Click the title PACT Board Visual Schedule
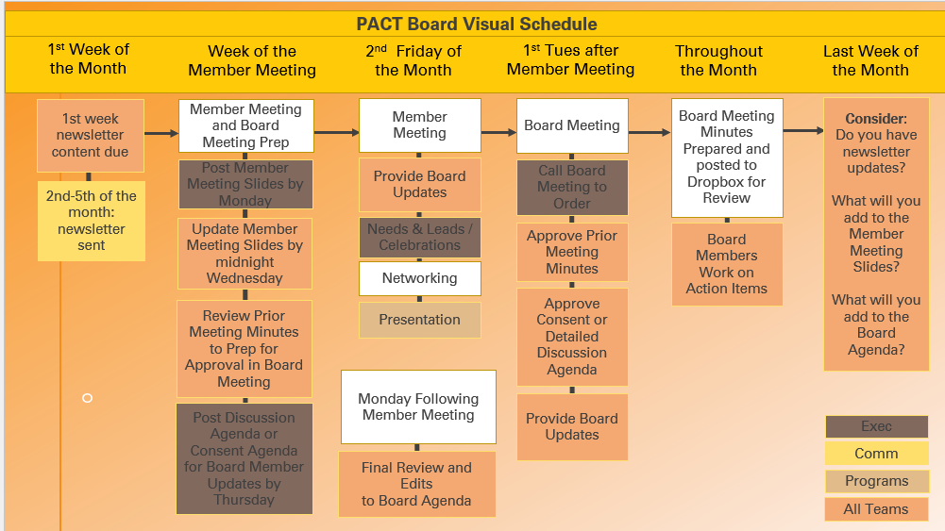pos(476,24)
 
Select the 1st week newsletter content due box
pos(91,135)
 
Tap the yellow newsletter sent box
pos(92,221)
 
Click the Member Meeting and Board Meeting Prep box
pos(245,125)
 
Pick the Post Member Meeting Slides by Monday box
pos(245,185)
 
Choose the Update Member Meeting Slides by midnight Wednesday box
pos(245,254)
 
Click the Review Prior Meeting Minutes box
pos(245,349)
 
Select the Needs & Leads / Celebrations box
pos(420,237)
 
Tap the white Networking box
pos(420,278)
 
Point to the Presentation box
pos(420,320)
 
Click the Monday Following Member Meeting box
pos(418,407)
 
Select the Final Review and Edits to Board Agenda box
pos(416,484)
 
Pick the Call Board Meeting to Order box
pos(572,187)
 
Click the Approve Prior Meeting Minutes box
pos(572,252)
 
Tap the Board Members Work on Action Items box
pos(727,264)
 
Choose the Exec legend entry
pos(876,426)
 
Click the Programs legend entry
pos(876,481)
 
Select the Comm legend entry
pos(876,454)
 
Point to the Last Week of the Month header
pos(870,60)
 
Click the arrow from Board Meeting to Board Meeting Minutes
pos(650,132)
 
